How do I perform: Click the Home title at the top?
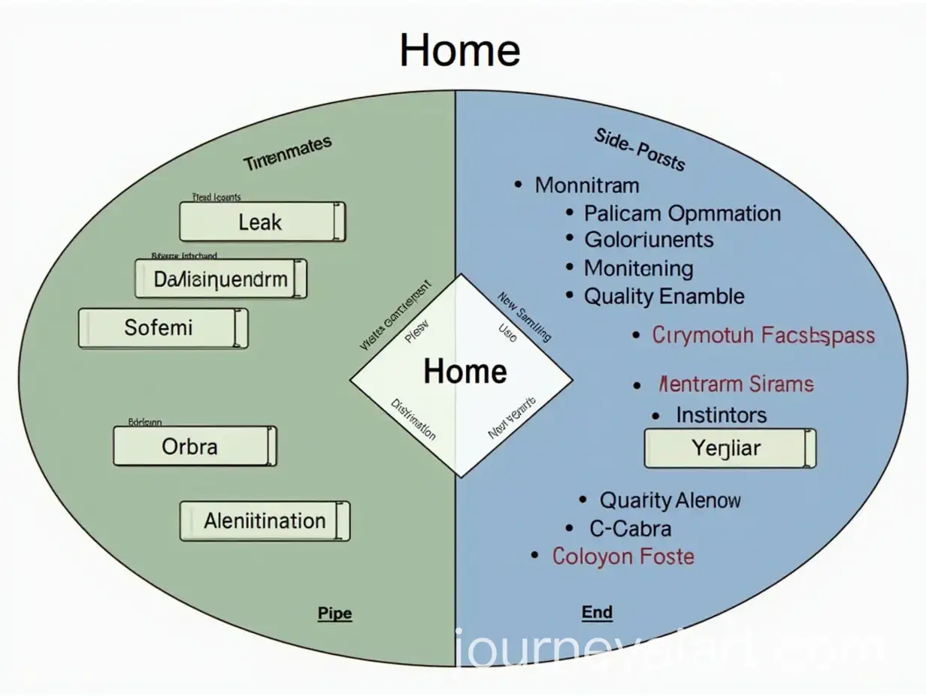click(459, 51)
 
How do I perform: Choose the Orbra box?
click(194, 447)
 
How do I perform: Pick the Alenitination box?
click(265, 520)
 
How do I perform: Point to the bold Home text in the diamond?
click(465, 372)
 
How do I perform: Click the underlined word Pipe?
click(334, 613)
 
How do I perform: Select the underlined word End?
click(597, 612)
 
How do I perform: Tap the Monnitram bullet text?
click(586, 185)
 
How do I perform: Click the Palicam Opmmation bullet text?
click(682, 213)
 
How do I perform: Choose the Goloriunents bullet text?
click(649, 240)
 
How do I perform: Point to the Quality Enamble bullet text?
click(664, 297)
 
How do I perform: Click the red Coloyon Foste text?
click(622, 557)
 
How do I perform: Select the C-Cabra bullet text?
click(630, 529)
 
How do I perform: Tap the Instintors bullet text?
click(720, 415)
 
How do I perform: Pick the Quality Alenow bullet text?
click(670, 500)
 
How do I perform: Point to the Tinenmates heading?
click(286, 153)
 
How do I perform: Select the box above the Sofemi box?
click(221, 279)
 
